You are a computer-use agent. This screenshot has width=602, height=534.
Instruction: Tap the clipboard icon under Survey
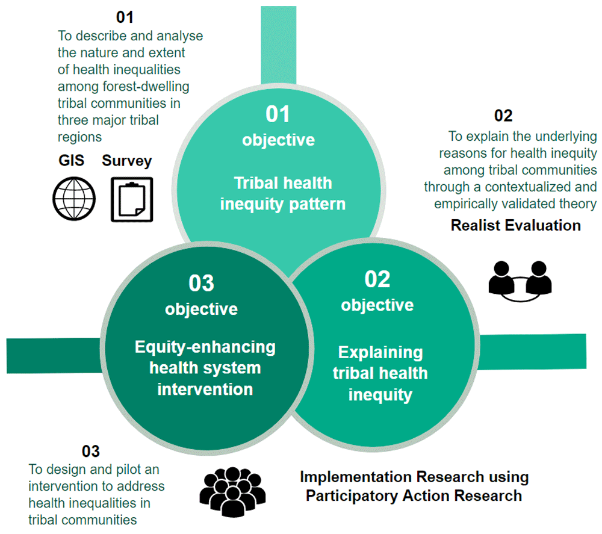(x=131, y=199)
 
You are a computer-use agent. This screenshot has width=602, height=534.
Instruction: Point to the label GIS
(x=70, y=161)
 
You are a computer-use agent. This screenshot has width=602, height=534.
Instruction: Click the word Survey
(x=126, y=161)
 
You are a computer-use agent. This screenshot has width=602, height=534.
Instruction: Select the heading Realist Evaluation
(x=515, y=225)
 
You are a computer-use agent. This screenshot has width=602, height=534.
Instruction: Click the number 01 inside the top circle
(x=278, y=114)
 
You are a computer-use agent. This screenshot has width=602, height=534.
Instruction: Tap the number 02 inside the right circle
(x=377, y=279)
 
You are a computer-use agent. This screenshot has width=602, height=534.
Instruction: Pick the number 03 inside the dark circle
(x=201, y=283)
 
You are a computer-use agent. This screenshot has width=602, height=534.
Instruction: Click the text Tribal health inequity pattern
(x=282, y=193)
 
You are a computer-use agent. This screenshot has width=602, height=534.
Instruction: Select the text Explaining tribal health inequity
(x=380, y=373)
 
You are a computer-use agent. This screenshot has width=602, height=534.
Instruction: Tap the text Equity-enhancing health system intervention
(x=205, y=368)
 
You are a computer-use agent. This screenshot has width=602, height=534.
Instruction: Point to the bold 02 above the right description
(x=503, y=116)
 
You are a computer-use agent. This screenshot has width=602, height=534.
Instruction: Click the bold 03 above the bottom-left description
(x=90, y=451)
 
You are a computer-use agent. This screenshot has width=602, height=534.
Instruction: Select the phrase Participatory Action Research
(x=414, y=496)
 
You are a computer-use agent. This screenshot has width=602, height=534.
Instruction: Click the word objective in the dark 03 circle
(x=201, y=309)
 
